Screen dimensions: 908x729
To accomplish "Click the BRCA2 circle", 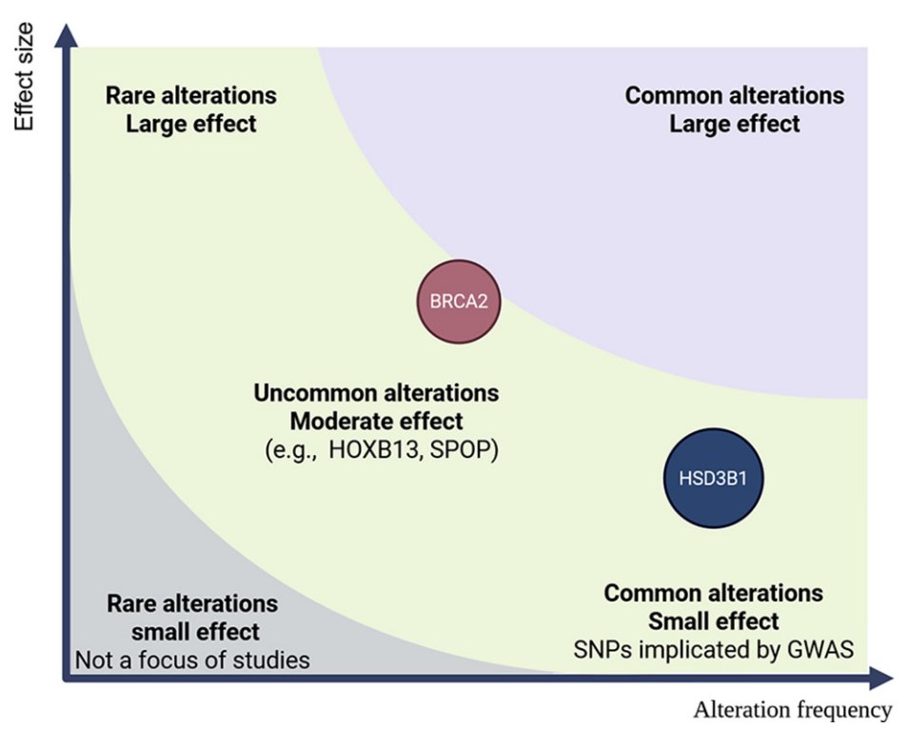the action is tap(459, 302).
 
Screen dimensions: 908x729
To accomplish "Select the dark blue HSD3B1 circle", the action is tap(713, 479).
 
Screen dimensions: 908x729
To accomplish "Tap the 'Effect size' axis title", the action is tap(24, 77).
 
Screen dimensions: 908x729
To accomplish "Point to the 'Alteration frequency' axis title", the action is tap(792, 710).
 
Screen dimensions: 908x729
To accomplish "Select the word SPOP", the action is tap(460, 449).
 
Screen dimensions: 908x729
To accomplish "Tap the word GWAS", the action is tap(820, 650).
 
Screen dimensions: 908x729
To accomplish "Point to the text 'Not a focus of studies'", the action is tap(192, 660).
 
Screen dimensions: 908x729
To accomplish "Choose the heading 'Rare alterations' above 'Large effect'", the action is tap(191, 95).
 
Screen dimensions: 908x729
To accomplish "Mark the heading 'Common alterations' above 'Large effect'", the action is tap(734, 95).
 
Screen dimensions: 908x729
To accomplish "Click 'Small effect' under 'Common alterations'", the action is tap(714, 621).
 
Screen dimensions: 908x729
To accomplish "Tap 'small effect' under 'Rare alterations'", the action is tap(195, 632).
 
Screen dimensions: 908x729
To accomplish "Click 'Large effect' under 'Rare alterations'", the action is tap(191, 124).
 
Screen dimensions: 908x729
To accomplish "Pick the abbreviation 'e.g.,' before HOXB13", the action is tap(290, 450).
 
